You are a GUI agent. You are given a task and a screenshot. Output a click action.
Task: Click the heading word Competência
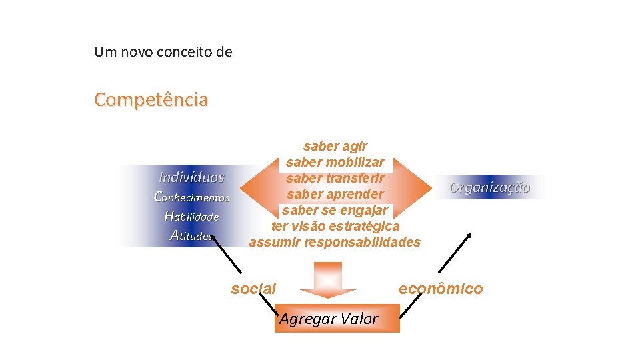[x=151, y=100]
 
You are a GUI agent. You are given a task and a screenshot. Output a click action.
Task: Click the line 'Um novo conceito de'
[x=163, y=52]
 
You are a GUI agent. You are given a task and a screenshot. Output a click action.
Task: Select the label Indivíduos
[x=191, y=177]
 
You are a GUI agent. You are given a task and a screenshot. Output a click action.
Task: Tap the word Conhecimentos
[x=191, y=197]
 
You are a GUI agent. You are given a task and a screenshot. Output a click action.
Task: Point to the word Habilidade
[x=191, y=216]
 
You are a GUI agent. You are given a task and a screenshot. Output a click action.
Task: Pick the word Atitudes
[x=191, y=235]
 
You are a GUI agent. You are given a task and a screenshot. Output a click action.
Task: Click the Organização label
[x=490, y=187]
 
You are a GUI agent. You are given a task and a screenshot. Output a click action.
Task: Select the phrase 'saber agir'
[x=335, y=146]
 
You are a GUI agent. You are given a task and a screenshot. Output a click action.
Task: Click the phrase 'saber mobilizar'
[x=335, y=162]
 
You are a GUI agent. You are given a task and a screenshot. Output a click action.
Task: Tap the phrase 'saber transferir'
[x=335, y=178]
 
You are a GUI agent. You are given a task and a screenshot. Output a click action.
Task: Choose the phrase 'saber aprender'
[x=335, y=194]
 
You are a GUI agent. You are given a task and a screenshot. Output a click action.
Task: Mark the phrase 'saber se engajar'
[x=335, y=210]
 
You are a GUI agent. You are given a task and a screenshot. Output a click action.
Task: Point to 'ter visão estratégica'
[x=335, y=226]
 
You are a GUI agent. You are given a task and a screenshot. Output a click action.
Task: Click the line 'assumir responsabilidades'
[x=335, y=242]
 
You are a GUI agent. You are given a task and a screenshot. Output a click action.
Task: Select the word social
[x=253, y=289]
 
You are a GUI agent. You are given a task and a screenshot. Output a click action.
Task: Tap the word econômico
[x=441, y=288]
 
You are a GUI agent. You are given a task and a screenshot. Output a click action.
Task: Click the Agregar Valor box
[x=337, y=319]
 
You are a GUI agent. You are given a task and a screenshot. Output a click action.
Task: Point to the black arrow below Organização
[x=455, y=252]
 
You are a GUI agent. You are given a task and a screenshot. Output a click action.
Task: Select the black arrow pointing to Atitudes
[x=227, y=253]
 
